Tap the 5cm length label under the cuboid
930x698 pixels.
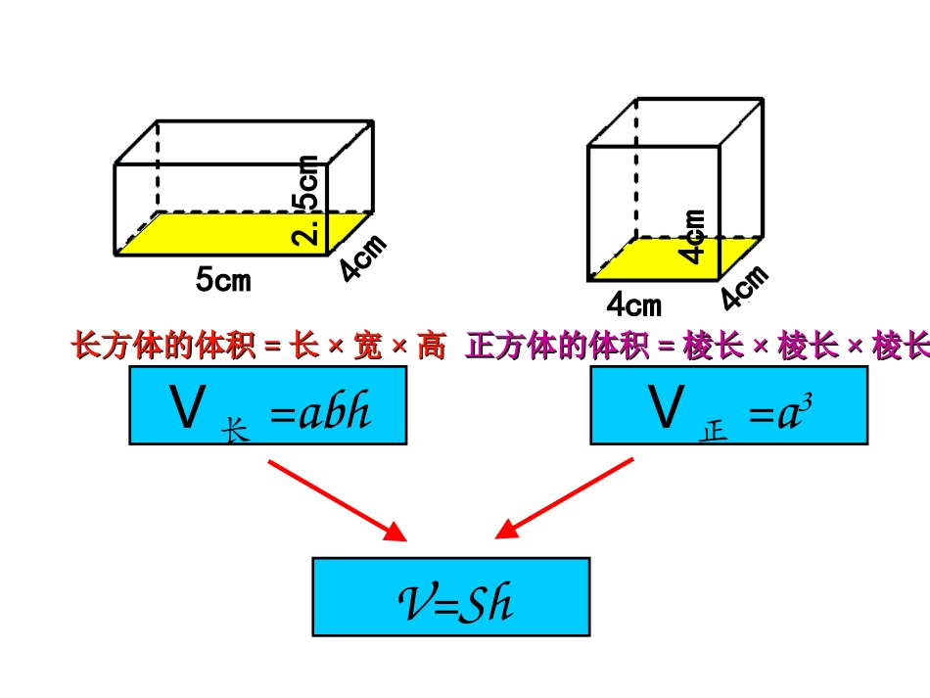(223, 281)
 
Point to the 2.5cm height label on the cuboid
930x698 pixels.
(307, 200)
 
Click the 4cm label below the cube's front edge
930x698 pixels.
(634, 304)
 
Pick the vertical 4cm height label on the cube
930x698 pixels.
(694, 236)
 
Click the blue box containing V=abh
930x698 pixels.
(267, 405)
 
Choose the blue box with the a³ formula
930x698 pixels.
(728, 405)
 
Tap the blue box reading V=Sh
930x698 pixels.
(451, 596)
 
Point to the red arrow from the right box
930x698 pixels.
(565, 499)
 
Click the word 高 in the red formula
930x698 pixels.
(432, 347)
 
